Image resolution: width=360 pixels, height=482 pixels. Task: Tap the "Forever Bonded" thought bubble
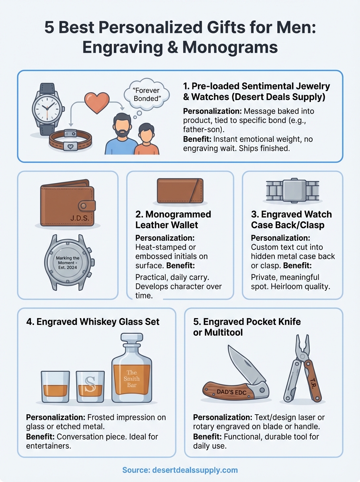pyautogui.click(x=144, y=94)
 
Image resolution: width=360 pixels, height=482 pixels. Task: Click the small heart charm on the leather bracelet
pyautogui.click(x=70, y=147)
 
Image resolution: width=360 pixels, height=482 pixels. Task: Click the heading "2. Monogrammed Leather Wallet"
pyautogui.click(x=173, y=219)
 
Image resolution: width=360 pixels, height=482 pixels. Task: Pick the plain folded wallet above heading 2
pyautogui.click(x=180, y=191)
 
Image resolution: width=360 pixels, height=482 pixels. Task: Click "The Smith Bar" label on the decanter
pyautogui.click(x=131, y=379)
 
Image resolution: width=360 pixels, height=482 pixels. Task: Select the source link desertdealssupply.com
pyautogui.click(x=180, y=470)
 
